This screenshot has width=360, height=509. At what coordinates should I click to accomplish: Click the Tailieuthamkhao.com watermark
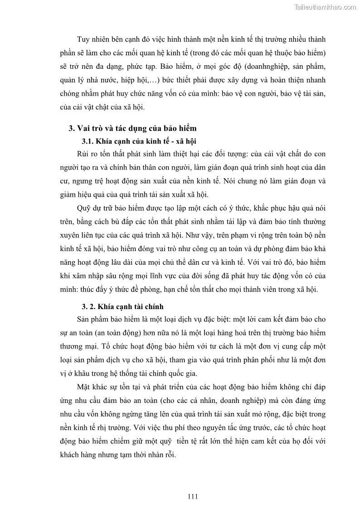point(325,7)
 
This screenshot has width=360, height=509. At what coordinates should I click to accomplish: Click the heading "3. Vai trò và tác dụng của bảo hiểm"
point(132,128)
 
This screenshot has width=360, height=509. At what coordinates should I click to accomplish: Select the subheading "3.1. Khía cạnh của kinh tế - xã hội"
point(138,141)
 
